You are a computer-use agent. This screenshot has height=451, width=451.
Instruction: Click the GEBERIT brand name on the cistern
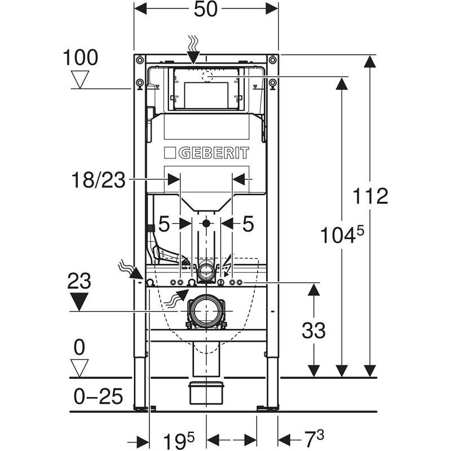click(206, 153)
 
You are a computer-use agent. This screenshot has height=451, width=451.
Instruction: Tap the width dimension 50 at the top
click(206, 10)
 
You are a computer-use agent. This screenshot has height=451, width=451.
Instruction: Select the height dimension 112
click(370, 196)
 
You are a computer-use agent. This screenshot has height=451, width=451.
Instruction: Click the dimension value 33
click(313, 330)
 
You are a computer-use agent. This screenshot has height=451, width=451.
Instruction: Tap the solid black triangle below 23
click(81, 300)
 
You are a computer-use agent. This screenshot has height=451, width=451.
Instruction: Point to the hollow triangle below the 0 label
click(81, 367)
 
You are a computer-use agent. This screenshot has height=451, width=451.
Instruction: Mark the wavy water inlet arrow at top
click(193, 50)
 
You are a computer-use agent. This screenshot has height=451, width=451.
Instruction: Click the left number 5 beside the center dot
click(163, 224)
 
